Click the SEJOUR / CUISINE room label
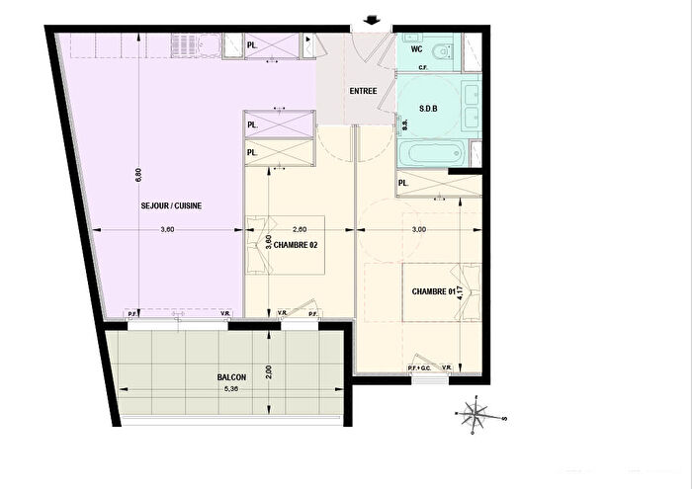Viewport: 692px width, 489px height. [172, 205]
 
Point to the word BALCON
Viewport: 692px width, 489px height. [232, 377]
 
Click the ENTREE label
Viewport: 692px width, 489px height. [363, 92]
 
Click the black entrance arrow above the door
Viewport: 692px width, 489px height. [371, 19]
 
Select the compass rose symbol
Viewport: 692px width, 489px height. [475, 415]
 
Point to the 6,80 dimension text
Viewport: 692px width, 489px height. [139, 174]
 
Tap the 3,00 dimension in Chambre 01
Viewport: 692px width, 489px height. [419, 229]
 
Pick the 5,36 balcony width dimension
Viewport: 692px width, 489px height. [232, 388]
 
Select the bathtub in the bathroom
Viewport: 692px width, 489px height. [433, 153]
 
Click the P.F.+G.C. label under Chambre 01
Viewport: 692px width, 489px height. [419, 368]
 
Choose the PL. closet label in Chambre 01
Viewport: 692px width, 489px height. [403, 184]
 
